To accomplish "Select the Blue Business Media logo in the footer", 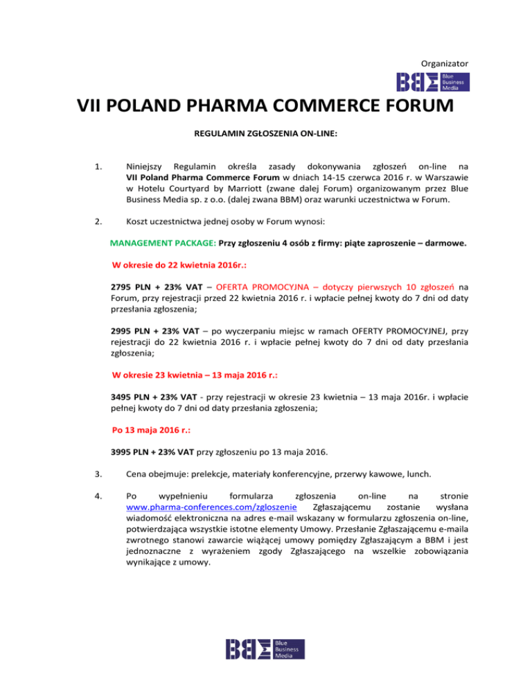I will click(x=265, y=649).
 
